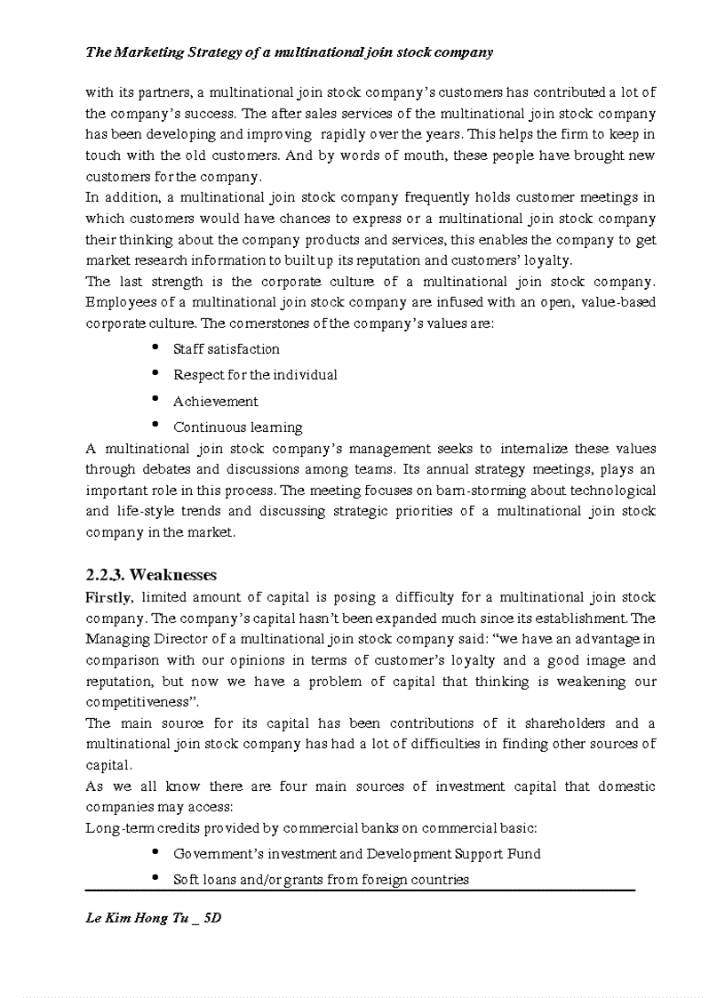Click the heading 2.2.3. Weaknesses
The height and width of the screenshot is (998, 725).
click(x=151, y=575)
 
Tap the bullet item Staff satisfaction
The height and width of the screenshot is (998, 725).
click(x=226, y=349)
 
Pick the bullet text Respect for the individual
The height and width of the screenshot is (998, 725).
click(x=255, y=375)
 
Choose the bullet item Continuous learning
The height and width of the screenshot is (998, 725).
click(x=237, y=427)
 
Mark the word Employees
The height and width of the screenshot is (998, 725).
click(x=119, y=303)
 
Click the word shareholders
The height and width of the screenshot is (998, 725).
click(x=563, y=723)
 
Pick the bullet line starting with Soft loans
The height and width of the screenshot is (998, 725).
click(x=321, y=880)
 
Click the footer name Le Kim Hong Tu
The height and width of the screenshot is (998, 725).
click(x=138, y=918)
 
